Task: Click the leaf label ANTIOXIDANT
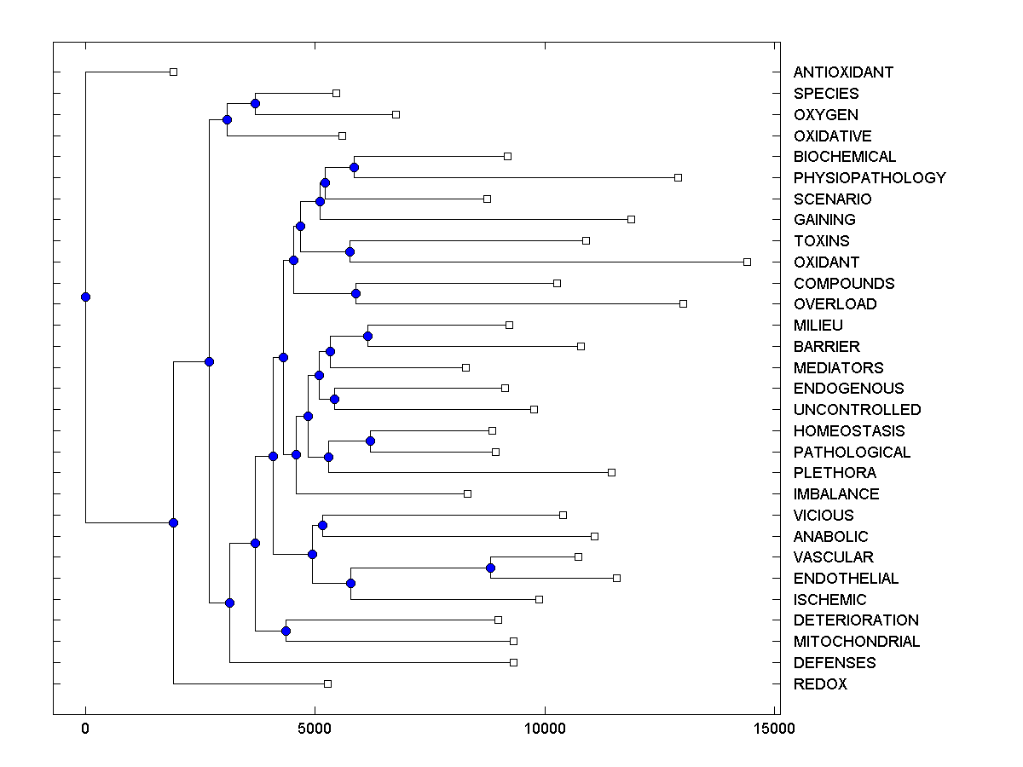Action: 843,72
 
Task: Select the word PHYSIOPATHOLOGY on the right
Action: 870,178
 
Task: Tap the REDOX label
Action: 820,684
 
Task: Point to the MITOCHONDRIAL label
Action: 857,642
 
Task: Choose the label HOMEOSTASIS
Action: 849,431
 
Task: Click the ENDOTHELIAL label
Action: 846,579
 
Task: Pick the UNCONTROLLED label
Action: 857,410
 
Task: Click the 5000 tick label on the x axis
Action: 315,729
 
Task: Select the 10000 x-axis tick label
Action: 545,729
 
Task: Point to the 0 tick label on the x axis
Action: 85,729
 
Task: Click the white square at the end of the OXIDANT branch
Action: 747,262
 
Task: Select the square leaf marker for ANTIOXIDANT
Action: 173,72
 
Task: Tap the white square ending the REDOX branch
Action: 327,683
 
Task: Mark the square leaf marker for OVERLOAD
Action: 683,303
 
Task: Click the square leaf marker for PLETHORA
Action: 611,472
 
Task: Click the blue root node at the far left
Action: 85,297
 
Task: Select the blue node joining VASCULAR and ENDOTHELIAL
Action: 490,568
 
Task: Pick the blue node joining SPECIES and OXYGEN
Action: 255,103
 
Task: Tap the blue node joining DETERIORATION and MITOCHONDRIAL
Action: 286,631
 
